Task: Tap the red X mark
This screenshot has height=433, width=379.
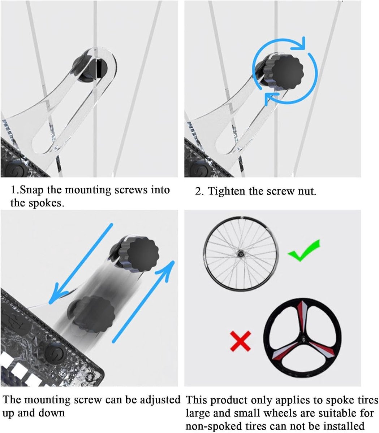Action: [241, 341]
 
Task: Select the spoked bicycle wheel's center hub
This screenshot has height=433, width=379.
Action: [241, 253]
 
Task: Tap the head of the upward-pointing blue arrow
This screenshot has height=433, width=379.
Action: [168, 268]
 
